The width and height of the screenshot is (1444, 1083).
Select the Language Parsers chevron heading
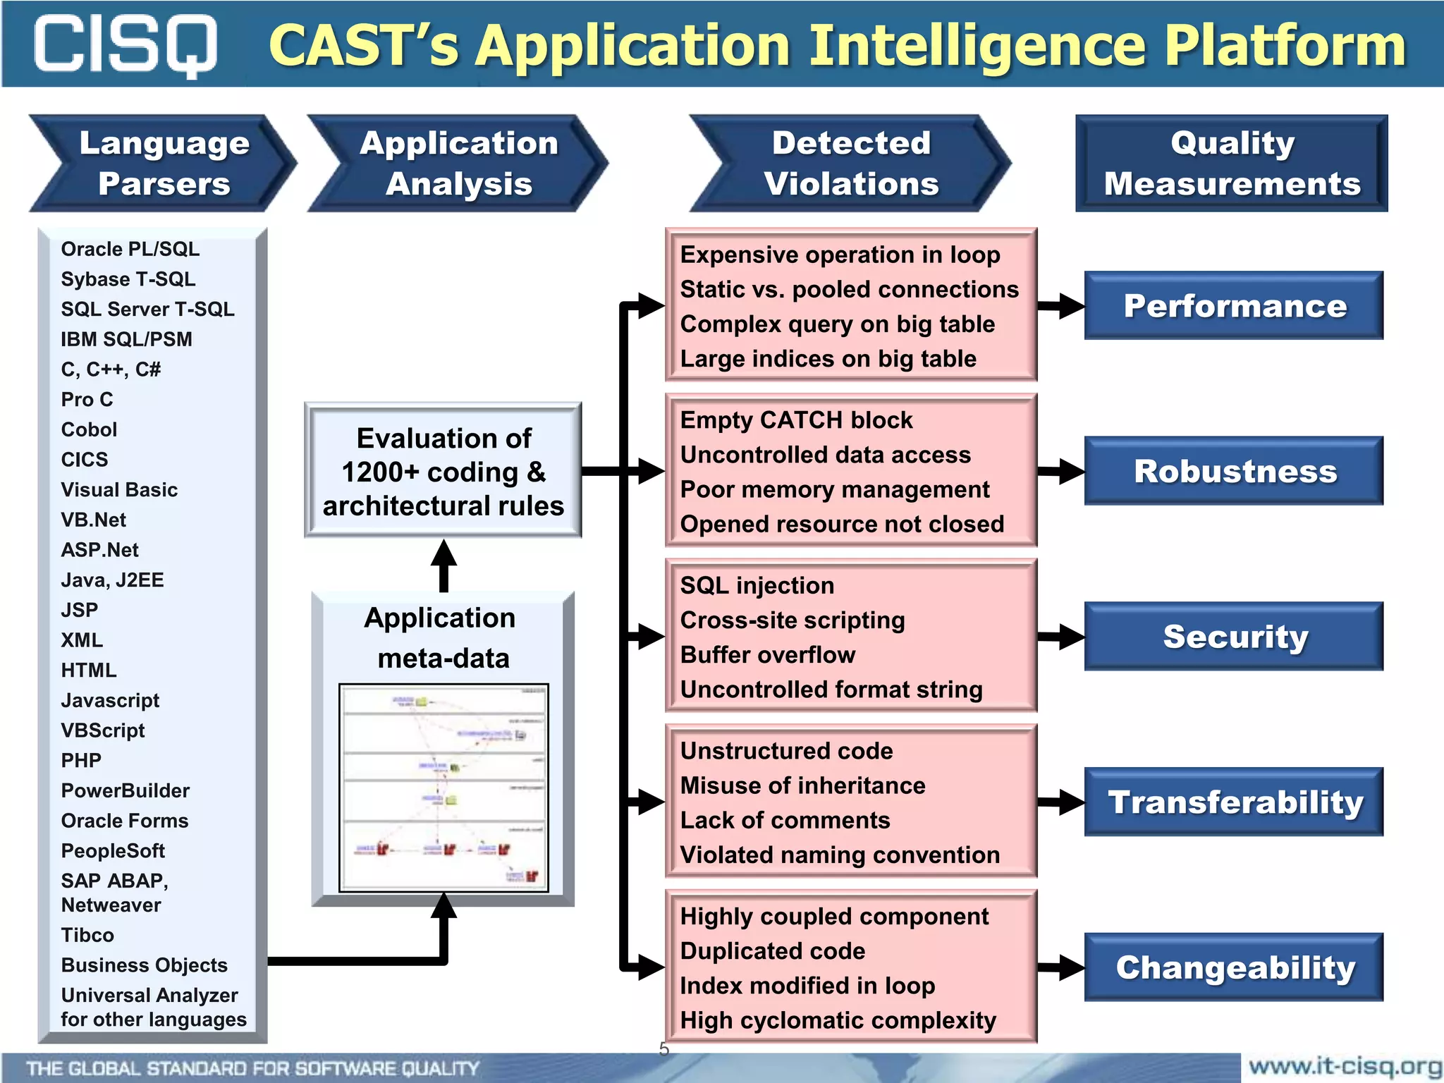coord(164,164)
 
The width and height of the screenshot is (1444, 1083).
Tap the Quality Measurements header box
coord(1231,164)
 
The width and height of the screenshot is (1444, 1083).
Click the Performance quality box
coord(1234,306)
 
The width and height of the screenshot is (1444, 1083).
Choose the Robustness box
coord(1234,471)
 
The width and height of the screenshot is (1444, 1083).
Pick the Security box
coord(1234,637)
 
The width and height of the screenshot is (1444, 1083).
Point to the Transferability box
coord(1234,802)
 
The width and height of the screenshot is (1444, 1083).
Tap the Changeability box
coord(1234,967)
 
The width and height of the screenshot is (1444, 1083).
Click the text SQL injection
coord(757,586)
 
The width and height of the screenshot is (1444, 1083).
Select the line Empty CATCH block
coord(796,420)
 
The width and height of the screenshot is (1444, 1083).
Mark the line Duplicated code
coord(772,951)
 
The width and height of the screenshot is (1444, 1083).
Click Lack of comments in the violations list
coord(785,821)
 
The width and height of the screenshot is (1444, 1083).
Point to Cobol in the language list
coord(89,429)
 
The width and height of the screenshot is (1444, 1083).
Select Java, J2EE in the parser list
coord(112,580)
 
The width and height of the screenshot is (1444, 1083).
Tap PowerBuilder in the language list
coord(125,791)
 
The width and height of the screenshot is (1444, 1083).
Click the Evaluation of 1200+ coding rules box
coord(443,471)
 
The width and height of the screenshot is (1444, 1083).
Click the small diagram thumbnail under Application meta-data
coord(443,788)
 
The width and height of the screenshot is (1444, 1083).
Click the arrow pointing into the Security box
coord(1061,637)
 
